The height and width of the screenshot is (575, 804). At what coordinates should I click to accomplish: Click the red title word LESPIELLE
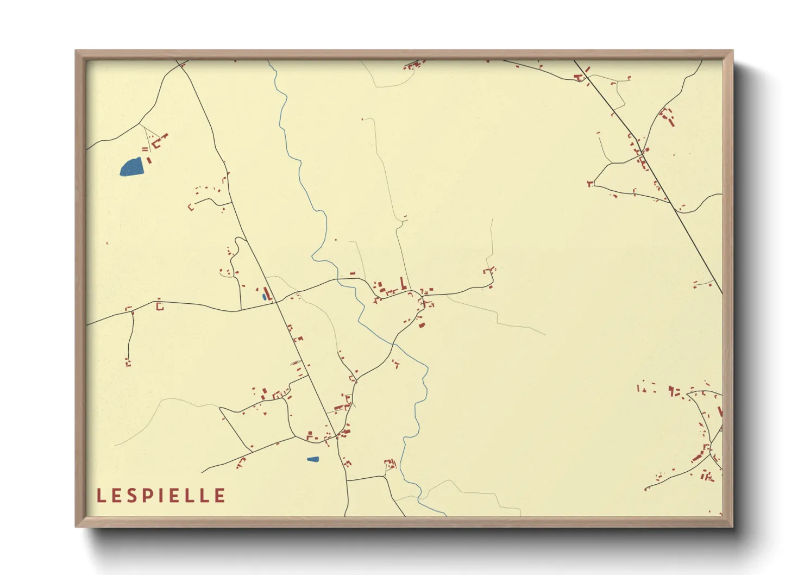coord(161,496)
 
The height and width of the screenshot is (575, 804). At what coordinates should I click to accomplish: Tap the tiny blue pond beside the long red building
coord(264,297)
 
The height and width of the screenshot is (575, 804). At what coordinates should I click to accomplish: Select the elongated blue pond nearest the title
coord(312,459)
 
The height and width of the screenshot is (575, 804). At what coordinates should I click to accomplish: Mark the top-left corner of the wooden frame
coord(76,51)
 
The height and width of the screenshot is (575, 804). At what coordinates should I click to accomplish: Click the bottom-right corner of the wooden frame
coord(732,526)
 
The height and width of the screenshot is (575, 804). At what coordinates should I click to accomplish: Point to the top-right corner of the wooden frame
coord(732,51)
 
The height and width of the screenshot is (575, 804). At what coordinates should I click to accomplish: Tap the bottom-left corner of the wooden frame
coord(76,526)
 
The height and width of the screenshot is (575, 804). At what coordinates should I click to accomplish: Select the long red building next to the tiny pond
coord(267,293)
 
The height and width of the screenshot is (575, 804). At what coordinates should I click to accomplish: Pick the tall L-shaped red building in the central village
coord(403,283)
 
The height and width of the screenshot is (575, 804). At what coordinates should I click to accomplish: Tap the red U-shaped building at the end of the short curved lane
coord(191,207)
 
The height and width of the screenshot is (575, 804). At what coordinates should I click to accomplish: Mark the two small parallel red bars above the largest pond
coord(145,149)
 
